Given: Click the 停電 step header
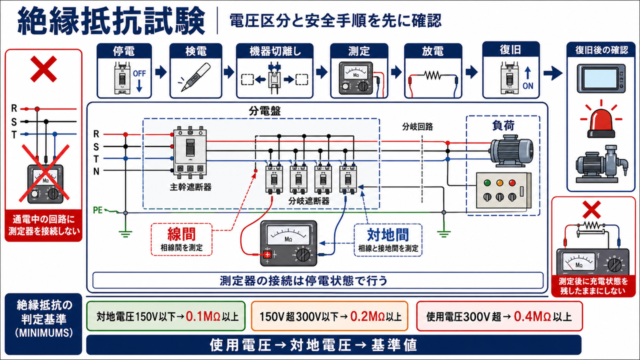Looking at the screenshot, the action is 123,51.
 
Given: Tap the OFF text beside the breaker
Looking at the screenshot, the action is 139,73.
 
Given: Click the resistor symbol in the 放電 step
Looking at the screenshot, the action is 433,75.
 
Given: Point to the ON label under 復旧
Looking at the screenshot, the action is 527,85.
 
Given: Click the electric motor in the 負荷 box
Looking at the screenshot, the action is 511,151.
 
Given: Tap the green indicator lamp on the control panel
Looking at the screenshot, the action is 487,183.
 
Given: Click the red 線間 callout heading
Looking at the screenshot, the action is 181,234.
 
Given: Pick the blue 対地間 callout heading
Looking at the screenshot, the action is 387,235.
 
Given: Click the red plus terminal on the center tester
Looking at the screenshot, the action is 267,254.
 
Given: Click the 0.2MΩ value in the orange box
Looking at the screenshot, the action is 367,316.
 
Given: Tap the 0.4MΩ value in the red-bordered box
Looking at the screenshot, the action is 532,316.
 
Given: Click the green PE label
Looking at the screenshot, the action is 97,210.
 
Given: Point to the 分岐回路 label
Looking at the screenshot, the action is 417,126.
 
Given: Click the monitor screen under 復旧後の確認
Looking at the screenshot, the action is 600,78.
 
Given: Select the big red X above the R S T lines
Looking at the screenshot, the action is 43,69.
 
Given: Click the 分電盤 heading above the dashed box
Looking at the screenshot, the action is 264,111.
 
